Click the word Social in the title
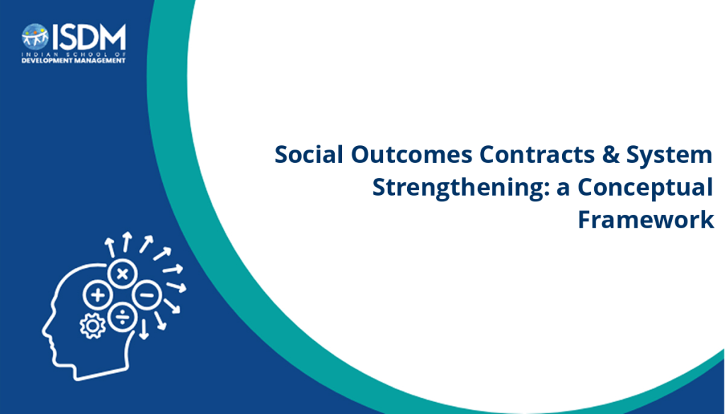pyautogui.click(x=309, y=155)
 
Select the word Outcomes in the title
pyautogui.click(x=411, y=155)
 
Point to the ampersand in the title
pyautogui.click(x=610, y=155)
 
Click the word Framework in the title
pyautogui.click(x=646, y=220)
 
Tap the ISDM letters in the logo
pyautogui.click(x=89, y=37)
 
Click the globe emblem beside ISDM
pyautogui.click(x=35, y=37)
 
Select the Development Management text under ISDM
pyautogui.click(x=74, y=61)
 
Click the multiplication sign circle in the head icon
pyautogui.click(x=122, y=274)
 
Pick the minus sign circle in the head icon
pyautogui.click(x=147, y=294)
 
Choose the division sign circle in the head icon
pyautogui.click(x=122, y=317)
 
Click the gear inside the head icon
pyautogui.click(x=93, y=326)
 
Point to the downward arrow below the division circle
pyautogui.click(x=144, y=329)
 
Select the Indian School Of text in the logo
pyautogui.click(x=74, y=54)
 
